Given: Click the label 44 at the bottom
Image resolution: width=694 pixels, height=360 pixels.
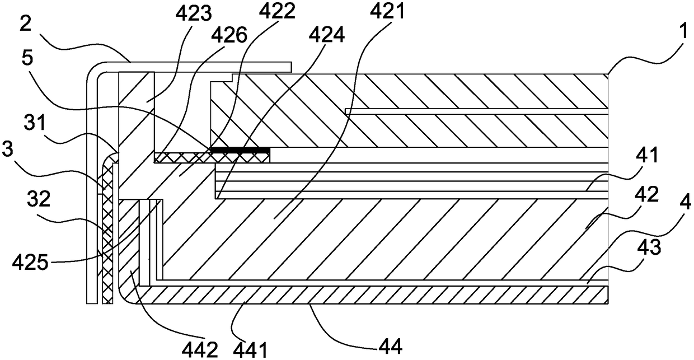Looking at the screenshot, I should coord(391,347).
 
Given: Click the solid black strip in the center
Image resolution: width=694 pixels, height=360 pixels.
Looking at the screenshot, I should coord(240,150).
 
